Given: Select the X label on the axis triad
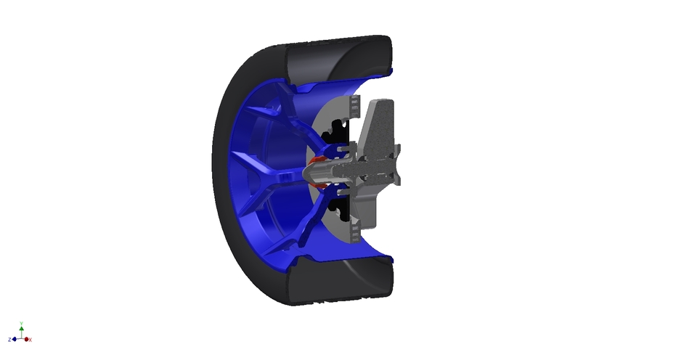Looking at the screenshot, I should (x=30, y=340).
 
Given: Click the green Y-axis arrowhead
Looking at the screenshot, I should (x=22, y=329).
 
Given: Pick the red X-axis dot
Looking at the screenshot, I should (x=25, y=339).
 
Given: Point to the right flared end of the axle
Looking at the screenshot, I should (x=396, y=175).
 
